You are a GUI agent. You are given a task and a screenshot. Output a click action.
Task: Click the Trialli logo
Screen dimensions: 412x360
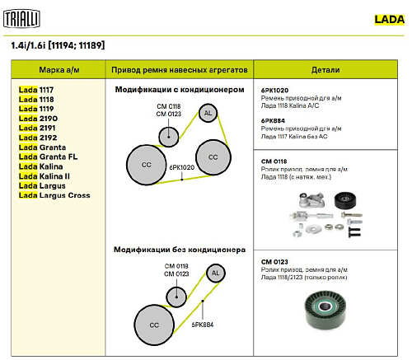(21, 19)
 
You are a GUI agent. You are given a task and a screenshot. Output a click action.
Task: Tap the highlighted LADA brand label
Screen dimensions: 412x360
(390, 20)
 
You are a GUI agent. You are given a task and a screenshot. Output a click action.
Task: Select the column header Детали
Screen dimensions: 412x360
(325, 70)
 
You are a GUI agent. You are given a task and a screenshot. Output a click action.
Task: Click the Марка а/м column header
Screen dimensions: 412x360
(59, 70)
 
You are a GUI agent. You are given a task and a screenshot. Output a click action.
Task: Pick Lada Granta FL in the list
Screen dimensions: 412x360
(48, 157)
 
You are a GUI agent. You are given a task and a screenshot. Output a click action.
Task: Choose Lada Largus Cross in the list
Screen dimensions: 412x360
(54, 195)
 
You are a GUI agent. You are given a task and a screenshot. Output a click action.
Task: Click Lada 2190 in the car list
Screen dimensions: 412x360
(38, 119)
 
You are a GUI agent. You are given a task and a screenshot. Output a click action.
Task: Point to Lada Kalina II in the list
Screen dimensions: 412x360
(44, 176)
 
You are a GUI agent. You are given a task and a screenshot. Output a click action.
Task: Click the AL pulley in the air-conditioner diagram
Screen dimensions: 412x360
(208, 113)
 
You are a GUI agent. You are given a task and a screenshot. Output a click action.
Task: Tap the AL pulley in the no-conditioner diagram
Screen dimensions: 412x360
(216, 273)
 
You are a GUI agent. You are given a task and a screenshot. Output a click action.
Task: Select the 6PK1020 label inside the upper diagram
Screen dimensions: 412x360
(182, 167)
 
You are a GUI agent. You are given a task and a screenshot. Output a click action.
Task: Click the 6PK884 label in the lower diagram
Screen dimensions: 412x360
(203, 325)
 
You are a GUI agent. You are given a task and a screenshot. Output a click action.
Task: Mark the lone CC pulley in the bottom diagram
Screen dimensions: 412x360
(154, 325)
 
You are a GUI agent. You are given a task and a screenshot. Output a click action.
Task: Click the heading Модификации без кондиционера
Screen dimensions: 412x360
(180, 250)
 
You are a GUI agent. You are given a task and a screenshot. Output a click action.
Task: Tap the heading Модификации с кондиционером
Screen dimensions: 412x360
(180, 90)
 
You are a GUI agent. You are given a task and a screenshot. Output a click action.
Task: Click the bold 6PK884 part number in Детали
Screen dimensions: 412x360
(273, 120)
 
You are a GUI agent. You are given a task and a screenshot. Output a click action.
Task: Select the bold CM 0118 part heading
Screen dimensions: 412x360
(274, 161)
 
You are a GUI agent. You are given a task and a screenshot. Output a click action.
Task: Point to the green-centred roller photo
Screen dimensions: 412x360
(325, 309)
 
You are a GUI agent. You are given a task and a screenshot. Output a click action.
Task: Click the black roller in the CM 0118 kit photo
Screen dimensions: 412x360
(345, 200)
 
